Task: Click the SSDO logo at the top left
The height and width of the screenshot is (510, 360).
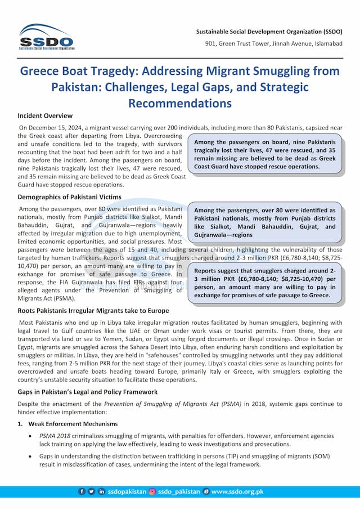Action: [x=46, y=37]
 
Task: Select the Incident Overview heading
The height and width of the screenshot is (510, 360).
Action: [x=45, y=116]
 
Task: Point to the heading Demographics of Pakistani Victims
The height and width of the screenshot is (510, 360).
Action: [x=69, y=198]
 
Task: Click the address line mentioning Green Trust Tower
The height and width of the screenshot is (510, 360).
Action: [x=273, y=44]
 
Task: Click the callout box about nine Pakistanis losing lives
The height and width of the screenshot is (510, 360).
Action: [x=265, y=155]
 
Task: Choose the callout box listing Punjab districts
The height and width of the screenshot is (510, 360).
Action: [x=265, y=222]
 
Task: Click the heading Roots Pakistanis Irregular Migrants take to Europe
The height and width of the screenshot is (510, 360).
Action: [x=93, y=311]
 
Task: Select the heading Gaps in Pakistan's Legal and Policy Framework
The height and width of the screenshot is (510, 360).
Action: [x=87, y=392]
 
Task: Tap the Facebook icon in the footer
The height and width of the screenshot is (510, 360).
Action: [x=82, y=491]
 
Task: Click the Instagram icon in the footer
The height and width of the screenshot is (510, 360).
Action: [x=152, y=491]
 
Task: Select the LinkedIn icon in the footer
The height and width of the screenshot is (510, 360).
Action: [x=102, y=491]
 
